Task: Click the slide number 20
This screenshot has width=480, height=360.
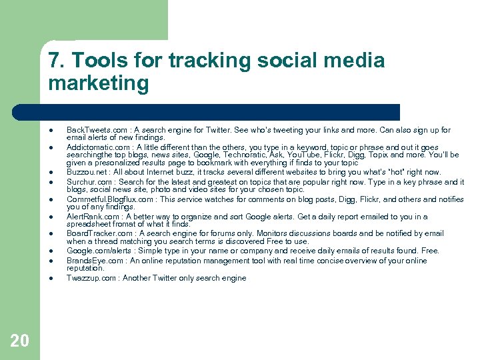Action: pyautogui.click(x=20, y=341)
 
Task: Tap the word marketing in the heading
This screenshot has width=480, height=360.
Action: pyautogui.click(x=99, y=84)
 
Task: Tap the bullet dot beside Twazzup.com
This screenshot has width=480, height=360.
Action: pyautogui.click(x=50, y=278)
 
